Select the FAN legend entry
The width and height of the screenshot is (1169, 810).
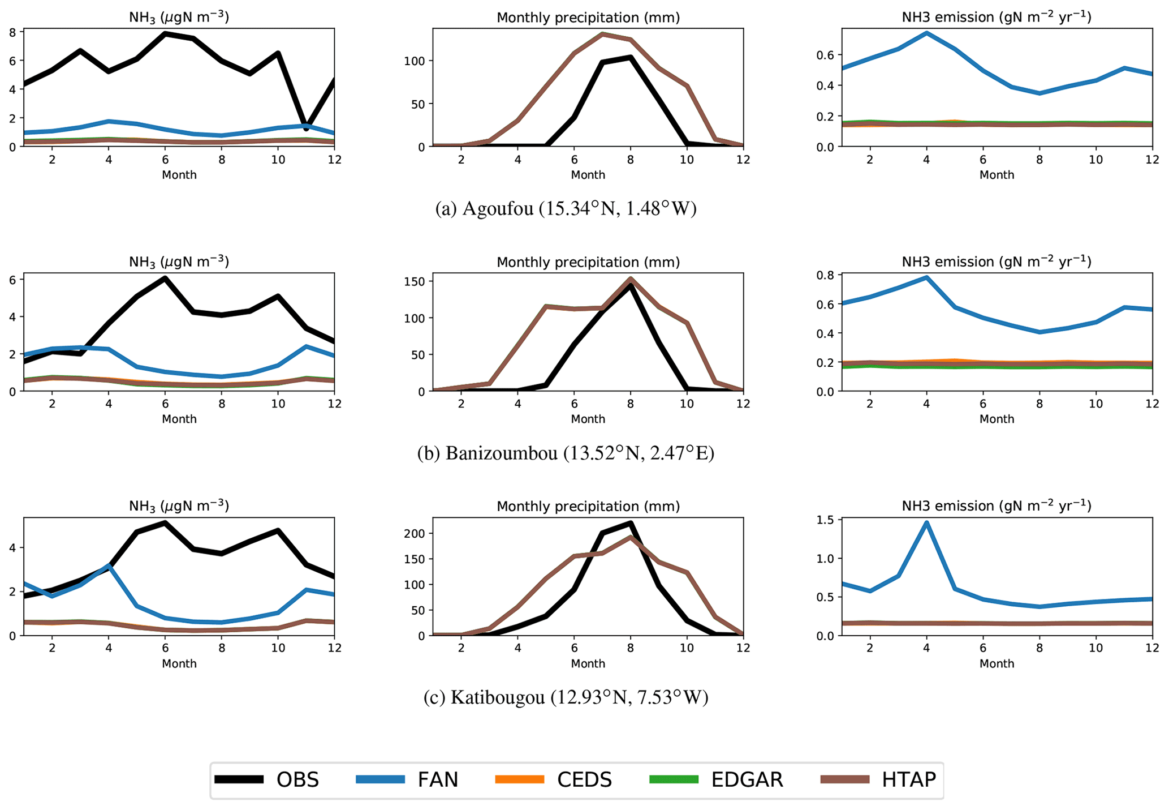(x=407, y=779)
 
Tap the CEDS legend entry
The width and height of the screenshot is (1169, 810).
(x=553, y=779)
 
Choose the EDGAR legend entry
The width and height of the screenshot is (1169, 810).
(x=716, y=779)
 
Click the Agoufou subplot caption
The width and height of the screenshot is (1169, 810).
(x=566, y=209)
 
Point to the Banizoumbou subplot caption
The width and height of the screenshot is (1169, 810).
(x=566, y=453)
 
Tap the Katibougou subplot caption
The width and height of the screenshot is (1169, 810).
(x=566, y=697)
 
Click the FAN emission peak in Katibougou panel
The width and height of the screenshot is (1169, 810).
(x=926, y=522)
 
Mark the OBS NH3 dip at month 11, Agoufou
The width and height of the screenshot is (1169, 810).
(x=306, y=128)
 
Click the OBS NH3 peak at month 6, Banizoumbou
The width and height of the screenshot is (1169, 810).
(x=165, y=278)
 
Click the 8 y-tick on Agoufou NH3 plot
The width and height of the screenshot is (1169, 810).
(x=12, y=32)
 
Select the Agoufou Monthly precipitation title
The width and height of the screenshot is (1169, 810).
(x=588, y=18)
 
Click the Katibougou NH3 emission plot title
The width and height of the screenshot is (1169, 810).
(x=996, y=505)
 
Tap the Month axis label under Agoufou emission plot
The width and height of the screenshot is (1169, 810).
(x=997, y=175)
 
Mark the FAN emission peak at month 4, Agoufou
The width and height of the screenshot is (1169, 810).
(x=926, y=33)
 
